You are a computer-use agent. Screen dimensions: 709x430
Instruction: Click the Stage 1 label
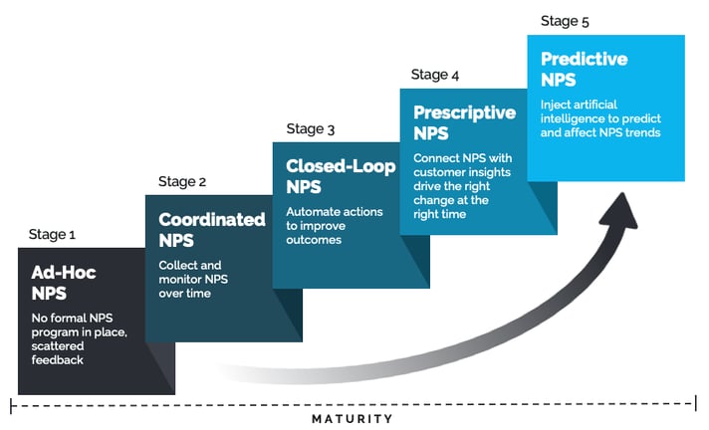(52, 234)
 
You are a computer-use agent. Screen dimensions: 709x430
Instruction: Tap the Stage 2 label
(182, 181)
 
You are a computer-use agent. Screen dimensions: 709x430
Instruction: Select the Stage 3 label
(311, 128)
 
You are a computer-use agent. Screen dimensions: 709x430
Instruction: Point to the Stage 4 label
(435, 75)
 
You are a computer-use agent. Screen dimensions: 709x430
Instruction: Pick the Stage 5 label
(565, 21)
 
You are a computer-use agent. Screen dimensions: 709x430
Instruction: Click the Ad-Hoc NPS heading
(64, 283)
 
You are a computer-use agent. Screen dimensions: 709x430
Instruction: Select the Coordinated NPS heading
(212, 230)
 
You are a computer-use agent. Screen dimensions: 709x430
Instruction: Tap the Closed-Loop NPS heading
(341, 176)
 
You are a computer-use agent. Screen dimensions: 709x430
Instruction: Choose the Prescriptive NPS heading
(464, 123)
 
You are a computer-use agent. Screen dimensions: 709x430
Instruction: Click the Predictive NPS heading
(585, 70)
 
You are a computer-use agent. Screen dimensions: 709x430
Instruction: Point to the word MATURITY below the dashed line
(353, 419)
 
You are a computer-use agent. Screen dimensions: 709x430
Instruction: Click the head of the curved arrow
(620, 211)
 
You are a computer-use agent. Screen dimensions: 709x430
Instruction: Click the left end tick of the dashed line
(11, 405)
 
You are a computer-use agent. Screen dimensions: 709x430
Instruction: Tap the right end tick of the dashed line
(695, 403)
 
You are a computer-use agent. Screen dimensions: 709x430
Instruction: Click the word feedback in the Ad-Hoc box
(58, 360)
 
